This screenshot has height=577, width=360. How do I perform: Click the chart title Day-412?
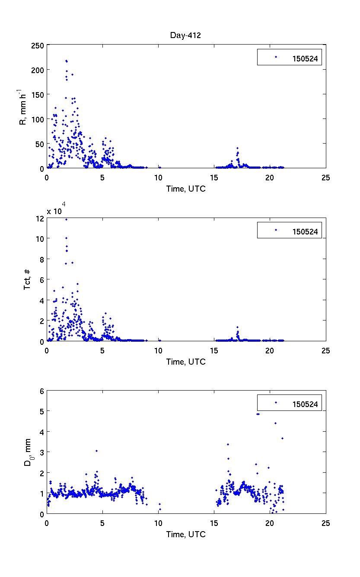click(185, 35)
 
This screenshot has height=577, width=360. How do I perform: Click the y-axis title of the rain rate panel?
click(23, 106)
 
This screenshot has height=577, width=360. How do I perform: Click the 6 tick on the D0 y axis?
click(42, 391)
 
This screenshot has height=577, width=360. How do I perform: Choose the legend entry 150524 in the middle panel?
click(305, 232)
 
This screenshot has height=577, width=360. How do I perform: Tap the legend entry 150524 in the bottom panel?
click(305, 404)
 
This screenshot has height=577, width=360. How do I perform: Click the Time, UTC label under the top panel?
click(186, 189)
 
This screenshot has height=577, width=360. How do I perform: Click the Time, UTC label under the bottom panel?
click(186, 535)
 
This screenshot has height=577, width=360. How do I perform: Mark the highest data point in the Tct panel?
click(66, 219)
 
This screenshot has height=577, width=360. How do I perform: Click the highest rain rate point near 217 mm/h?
click(66, 61)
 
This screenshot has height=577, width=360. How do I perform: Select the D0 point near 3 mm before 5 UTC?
click(96, 451)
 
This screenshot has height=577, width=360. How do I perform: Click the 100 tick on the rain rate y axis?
click(38, 119)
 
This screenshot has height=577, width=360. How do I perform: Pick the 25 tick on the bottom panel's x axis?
click(326, 523)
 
